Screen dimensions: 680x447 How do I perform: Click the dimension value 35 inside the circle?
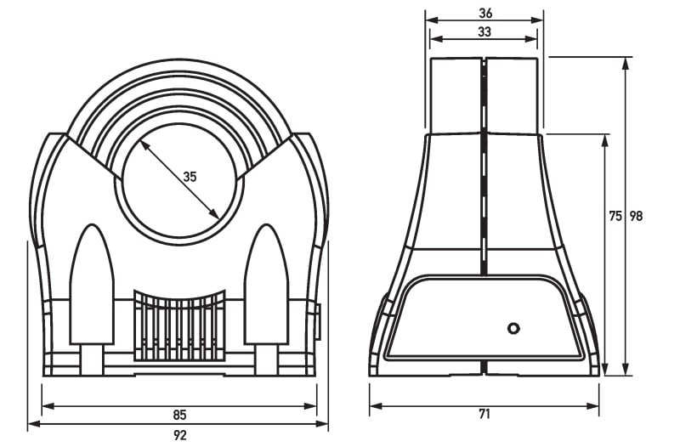[x=190, y=177]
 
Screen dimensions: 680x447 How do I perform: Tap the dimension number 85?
[x=179, y=415]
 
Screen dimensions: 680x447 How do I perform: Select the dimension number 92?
[x=179, y=435]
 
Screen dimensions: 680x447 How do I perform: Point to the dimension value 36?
[x=485, y=13]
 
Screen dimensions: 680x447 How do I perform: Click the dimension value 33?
[x=484, y=31]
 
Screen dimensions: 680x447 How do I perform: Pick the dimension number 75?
[x=615, y=216]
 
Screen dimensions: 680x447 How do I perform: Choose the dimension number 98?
[x=636, y=216]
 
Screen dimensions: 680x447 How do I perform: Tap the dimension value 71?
[x=484, y=414]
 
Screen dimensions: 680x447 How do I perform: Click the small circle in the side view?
[x=513, y=328]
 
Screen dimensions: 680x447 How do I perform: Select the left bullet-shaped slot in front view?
[x=92, y=286]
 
